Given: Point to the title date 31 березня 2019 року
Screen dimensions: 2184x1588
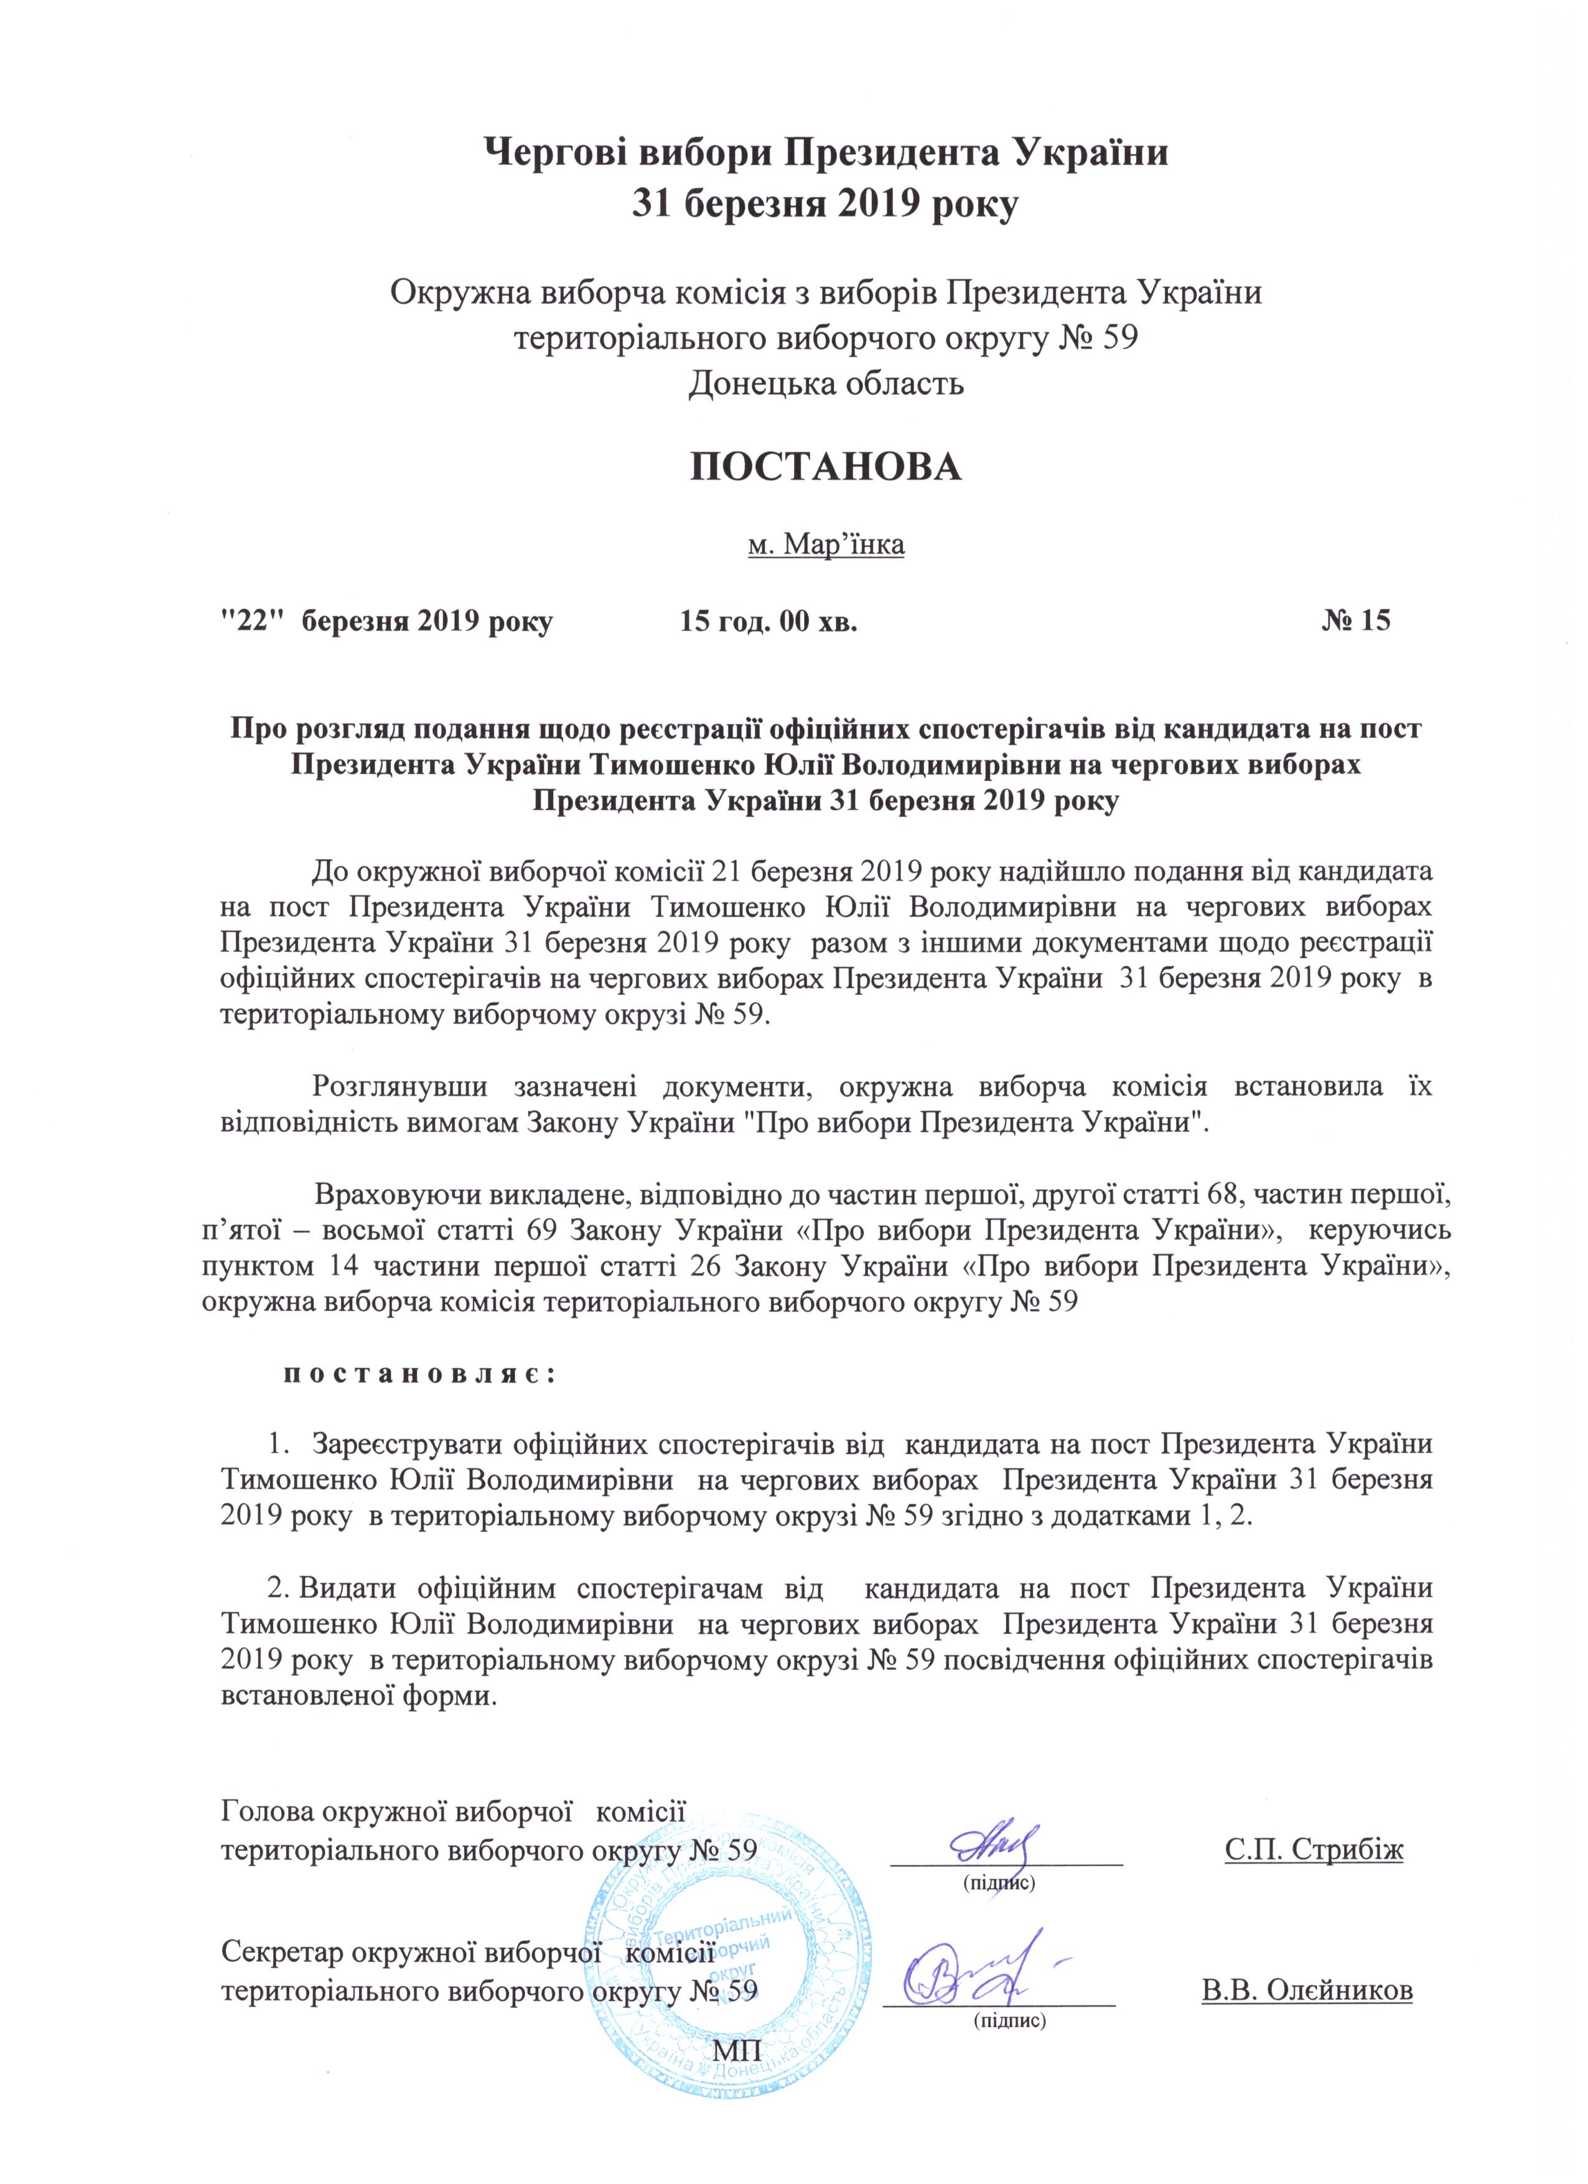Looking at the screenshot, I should click(x=824, y=205).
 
